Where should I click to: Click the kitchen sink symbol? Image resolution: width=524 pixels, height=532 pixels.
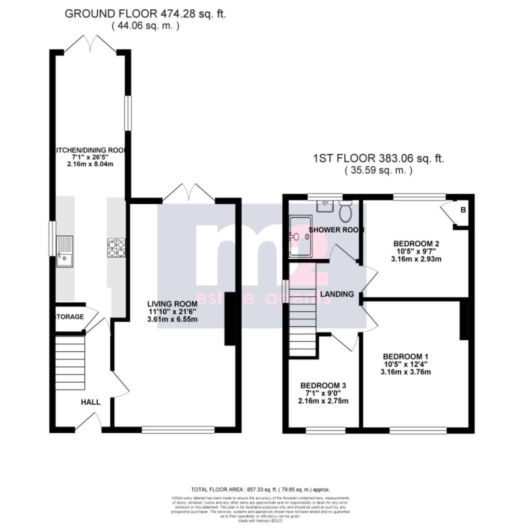click(65, 251)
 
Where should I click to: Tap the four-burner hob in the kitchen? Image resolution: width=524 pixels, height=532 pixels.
click(116, 248)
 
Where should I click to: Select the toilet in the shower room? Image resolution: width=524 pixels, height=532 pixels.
click(345, 211)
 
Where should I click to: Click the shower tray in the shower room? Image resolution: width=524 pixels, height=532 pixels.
click(300, 236)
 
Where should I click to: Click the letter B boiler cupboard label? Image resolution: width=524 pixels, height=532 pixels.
click(463, 210)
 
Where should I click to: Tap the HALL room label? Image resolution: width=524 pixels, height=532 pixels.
click(90, 402)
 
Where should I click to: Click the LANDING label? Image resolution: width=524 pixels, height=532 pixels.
click(336, 294)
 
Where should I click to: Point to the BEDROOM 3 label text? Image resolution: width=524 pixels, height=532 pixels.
click(323, 386)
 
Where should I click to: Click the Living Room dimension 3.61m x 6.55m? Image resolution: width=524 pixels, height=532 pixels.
click(172, 320)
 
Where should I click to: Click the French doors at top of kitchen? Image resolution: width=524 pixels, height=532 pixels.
click(90, 45)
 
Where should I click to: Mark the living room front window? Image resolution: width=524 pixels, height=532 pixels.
click(178, 430)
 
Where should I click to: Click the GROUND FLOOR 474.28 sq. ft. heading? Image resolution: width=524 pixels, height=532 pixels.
click(145, 14)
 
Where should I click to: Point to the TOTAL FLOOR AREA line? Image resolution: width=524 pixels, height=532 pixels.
click(260, 489)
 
